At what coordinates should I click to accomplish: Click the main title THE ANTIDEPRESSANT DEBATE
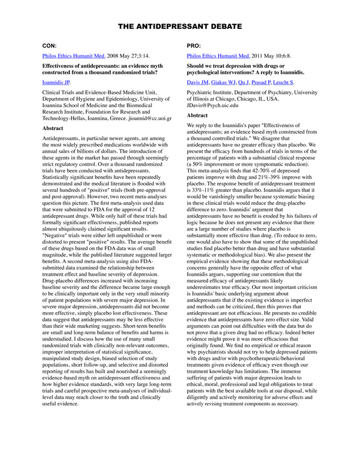(179, 27)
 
